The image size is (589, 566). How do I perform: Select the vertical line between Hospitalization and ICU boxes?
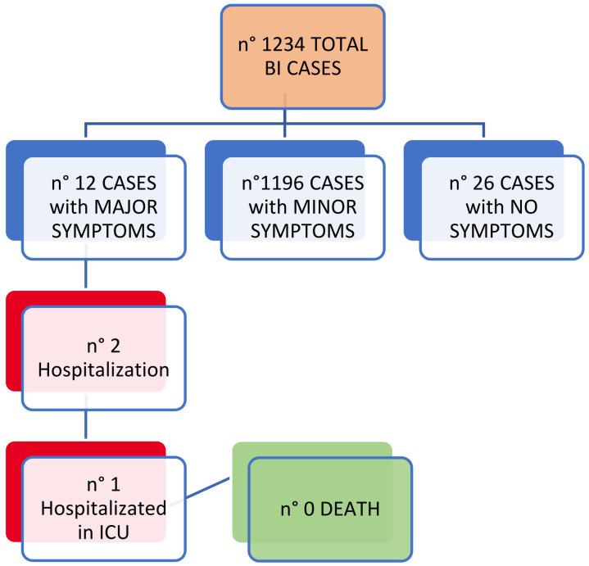pyautogui.click(x=86, y=426)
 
